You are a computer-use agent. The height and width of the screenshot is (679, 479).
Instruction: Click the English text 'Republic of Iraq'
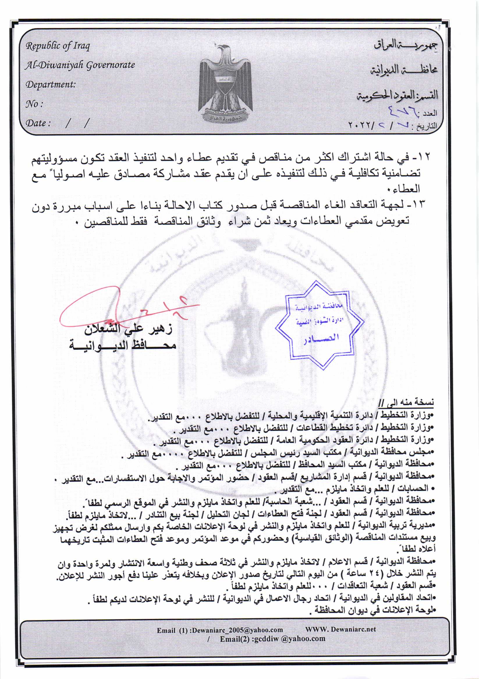click(58, 46)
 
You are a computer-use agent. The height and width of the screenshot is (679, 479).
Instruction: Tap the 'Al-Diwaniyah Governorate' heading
click(80, 65)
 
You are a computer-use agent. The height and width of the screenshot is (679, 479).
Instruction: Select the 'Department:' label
click(51, 85)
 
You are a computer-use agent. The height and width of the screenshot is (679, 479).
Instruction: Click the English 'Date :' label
click(38, 123)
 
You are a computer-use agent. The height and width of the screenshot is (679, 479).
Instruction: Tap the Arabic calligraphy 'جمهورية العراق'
click(405, 45)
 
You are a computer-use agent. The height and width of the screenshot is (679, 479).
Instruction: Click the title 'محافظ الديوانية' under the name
click(123, 345)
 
